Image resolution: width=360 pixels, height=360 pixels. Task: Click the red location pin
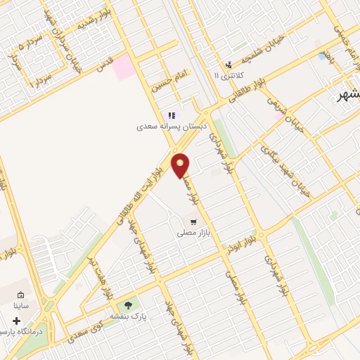click(x=181, y=165)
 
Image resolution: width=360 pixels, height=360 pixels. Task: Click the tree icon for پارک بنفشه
click(x=128, y=305)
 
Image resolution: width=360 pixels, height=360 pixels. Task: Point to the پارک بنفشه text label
click(x=127, y=316)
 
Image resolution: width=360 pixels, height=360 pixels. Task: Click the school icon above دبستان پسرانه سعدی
click(x=171, y=116)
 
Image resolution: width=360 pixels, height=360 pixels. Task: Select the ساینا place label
click(x=21, y=307)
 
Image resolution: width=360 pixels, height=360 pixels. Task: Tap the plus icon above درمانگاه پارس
click(x=16, y=320)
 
